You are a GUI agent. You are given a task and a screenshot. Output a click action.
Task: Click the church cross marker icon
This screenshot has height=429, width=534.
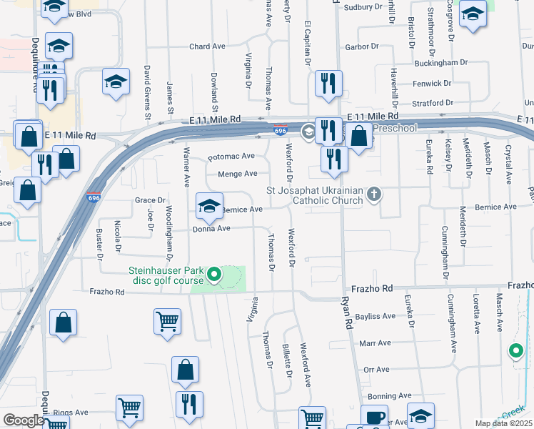[x=374, y=194]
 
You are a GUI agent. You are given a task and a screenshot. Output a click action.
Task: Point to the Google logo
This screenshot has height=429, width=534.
[x=24, y=420]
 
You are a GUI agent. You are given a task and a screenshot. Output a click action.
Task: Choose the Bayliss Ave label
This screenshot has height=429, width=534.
[x=375, y=316]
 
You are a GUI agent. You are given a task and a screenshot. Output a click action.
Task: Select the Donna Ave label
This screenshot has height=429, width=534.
[x=211, y=229]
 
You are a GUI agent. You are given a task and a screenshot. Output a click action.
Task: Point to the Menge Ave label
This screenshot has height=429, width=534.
[x=238, y=174]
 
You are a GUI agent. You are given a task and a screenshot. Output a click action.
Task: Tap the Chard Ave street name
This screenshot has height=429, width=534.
[x=207, y=46]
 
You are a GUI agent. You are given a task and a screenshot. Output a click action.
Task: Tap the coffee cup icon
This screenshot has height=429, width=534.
[x=373, y=418]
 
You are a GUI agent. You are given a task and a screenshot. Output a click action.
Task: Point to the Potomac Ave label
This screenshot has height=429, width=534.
[x=231, y=156]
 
